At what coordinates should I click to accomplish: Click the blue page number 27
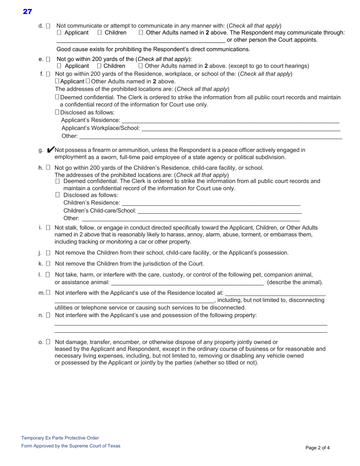[27, 12]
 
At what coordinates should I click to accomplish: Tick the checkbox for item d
[48, 26]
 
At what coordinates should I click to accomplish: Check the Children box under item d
[100, 33]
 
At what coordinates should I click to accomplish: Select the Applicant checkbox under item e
[59, 66]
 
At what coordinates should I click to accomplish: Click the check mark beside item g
[51, 150]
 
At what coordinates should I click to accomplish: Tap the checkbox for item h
[48, 167]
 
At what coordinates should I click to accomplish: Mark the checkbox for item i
[48, 228]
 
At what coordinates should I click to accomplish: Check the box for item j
[48, 253]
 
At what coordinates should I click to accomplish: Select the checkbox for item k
[48, 264]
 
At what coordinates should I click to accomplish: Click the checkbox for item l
[48, 275]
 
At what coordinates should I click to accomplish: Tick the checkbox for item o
[48, 342]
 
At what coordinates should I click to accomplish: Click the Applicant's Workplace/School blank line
[240, 129]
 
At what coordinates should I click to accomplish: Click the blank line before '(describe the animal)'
[187, 283]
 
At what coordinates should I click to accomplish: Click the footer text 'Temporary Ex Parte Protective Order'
[60, 438]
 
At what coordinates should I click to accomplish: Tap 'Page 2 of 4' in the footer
[318, 448]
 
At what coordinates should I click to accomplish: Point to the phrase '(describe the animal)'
[295, 282]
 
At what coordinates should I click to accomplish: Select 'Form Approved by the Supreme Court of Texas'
[70, 446]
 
